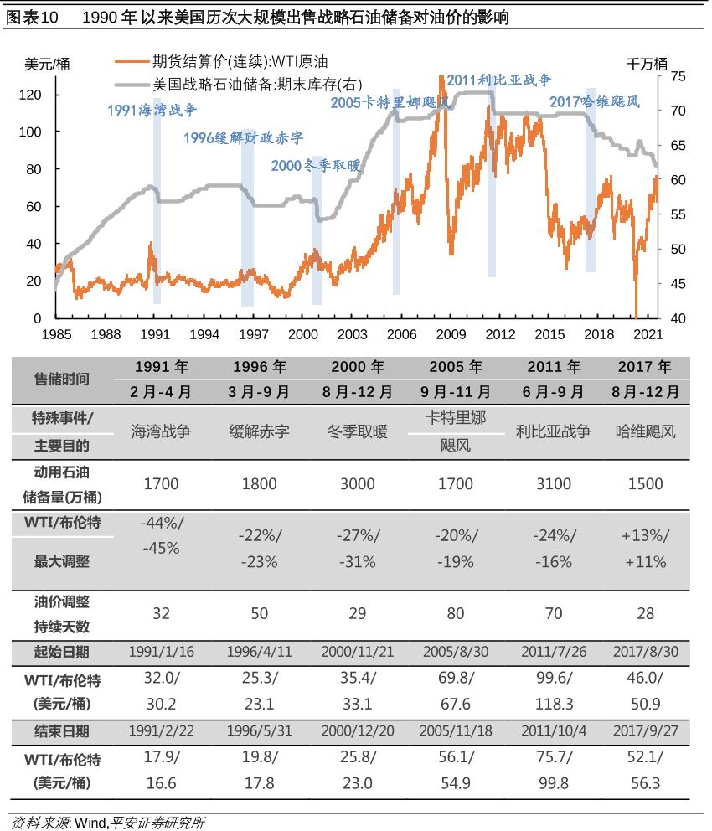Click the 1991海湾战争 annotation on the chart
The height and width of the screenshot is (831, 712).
pyautogui.click(x=155, y=110)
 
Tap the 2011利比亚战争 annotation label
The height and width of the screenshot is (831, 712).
pyautogui.click(x=499, y=80)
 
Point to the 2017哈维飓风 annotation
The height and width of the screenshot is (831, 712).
pyautogui.click(x=595, y=102)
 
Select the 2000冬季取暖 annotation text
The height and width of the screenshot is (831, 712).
pyautogui.click(x=315, y=166)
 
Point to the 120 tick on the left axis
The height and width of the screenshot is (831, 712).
pyautogui.click(x=30, y=95)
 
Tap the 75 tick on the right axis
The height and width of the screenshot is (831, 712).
pyautogui.click(x=678, y=76)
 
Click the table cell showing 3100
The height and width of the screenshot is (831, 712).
pyautogui.click(x=553, y=483)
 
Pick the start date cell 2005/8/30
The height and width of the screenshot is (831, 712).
pyautogui.click(x=455, y=652)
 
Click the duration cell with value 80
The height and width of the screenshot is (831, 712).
pyautogui.click(x=455, y=614)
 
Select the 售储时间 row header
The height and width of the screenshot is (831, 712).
pyautogui.click(x=60, y=379)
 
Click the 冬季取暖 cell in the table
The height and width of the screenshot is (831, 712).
pyautogui.click(x=358, y=431)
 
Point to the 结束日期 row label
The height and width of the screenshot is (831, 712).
pyautogui.click(x=60, y=730)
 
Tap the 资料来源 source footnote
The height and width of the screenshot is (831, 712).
pyautogui.click(x=107, y=823)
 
